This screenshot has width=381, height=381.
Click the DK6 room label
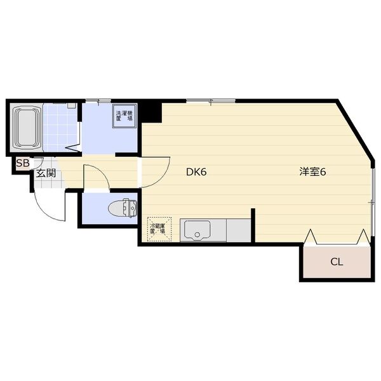point(197,171)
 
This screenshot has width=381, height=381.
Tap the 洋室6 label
point(313,171)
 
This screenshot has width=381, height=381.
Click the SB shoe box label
point(23,163)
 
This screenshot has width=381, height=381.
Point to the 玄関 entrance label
point(46,173)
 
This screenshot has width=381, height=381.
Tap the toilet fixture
point(122,208)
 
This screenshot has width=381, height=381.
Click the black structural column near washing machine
point(150,111)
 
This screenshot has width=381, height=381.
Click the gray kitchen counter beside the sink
point(238,230)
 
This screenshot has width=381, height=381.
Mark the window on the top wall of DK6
point(210,101)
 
